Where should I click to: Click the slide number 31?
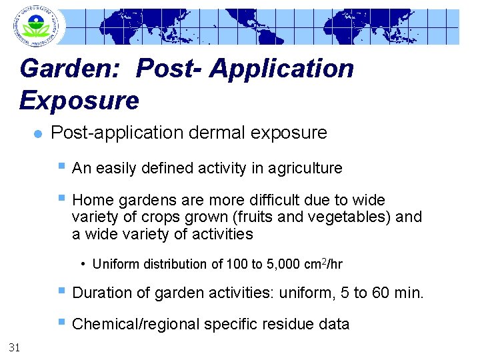click(14, 345)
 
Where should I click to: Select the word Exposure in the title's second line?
click(79, 100)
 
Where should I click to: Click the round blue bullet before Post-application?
click(37, 133)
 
